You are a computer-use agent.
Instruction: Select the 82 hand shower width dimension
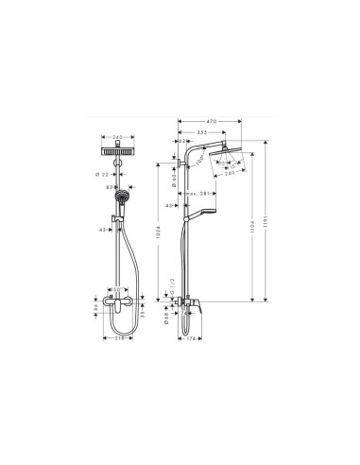(110, 186)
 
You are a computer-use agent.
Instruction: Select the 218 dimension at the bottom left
(118, 336)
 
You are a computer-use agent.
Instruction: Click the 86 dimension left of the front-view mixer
(94, 304)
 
